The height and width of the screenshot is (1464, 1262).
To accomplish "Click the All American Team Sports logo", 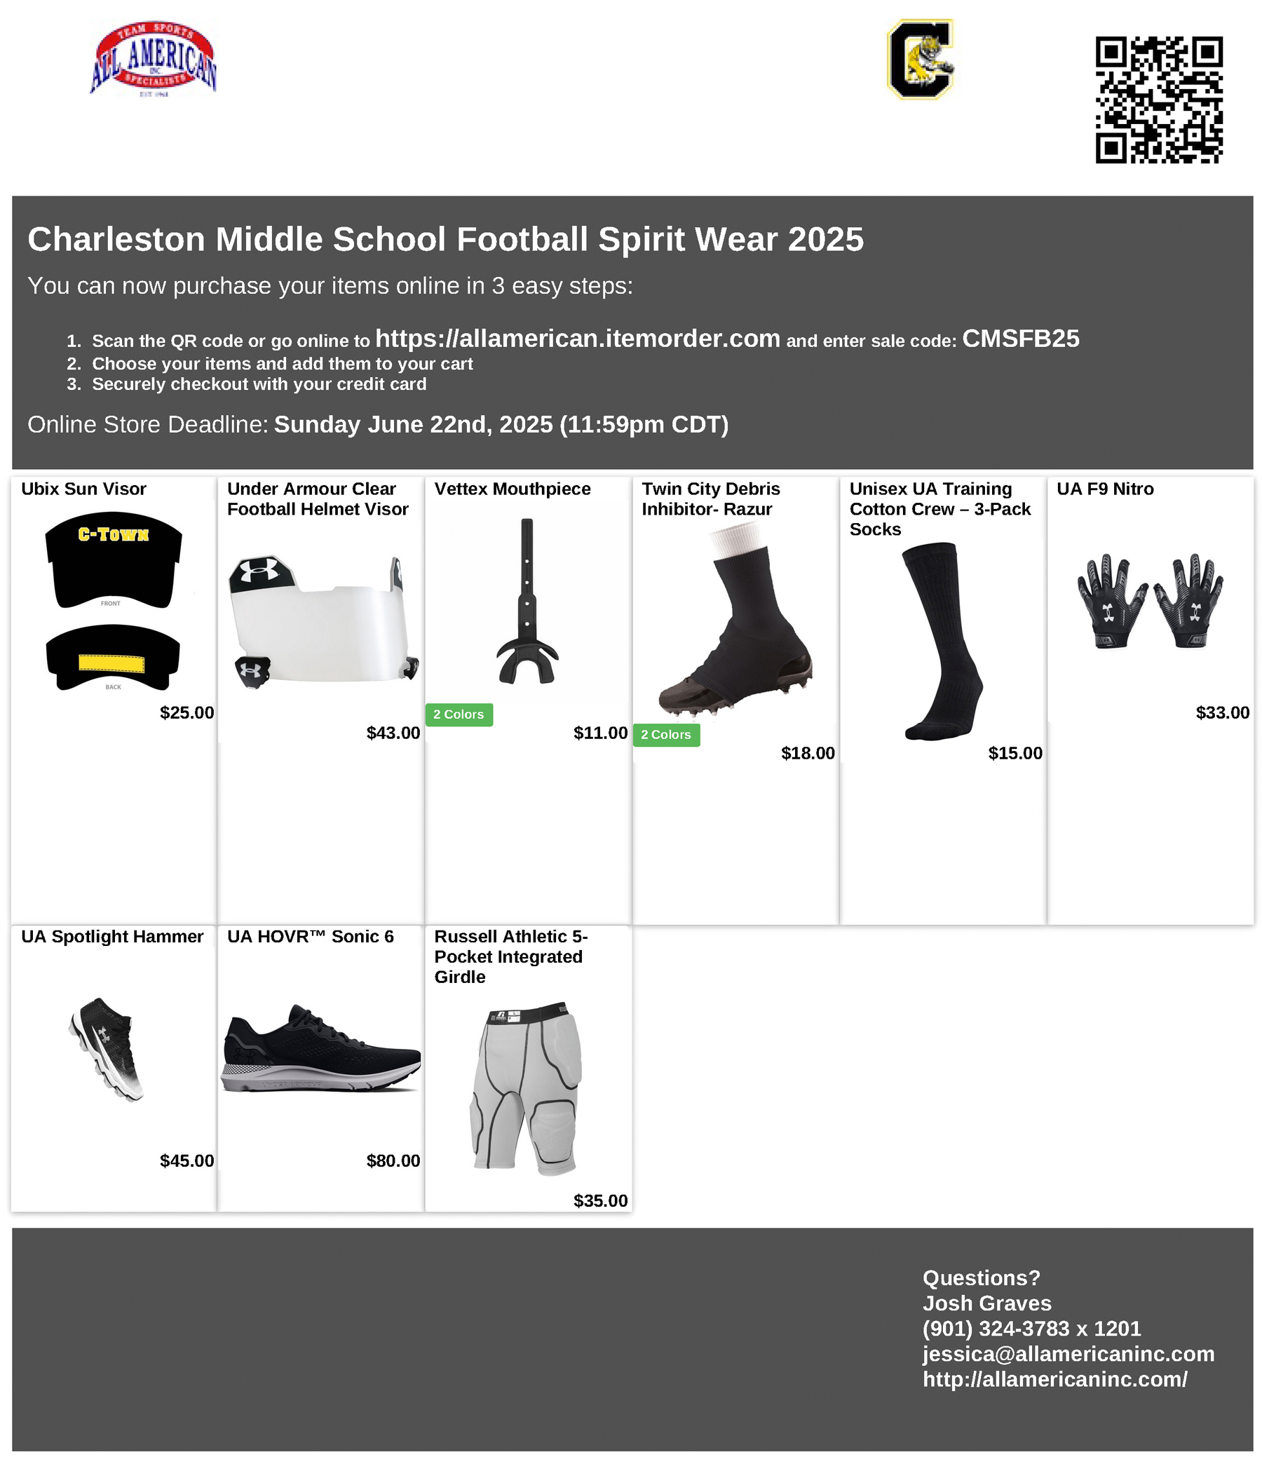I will (x=154, y=59).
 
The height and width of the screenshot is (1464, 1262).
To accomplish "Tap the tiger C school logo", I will (x=920, y=60).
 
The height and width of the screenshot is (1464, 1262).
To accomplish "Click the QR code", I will (x=1158, y=100).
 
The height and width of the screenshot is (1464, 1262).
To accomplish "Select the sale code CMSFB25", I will (x=1020, y=339).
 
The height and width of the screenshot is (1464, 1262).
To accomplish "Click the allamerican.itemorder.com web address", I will (x=577, y=339).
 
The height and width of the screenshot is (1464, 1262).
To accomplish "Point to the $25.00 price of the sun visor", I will (x=186, y=712).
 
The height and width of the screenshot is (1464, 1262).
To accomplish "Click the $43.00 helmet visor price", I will (x=393, y=733).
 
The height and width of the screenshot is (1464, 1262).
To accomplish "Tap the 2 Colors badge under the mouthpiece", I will (x=459, y=714).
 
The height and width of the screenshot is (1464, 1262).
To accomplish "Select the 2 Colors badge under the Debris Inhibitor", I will (x=665, y=735).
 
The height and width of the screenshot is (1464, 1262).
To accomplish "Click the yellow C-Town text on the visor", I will (x=113, y=534).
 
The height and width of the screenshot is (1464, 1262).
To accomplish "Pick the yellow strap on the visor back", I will (x=111, y=663).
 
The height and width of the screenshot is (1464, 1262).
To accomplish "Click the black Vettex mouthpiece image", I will (x=527, y=602).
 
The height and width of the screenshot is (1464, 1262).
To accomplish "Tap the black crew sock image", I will (x=941, y=640).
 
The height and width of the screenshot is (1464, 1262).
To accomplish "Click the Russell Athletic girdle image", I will (x=527, y=1088).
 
